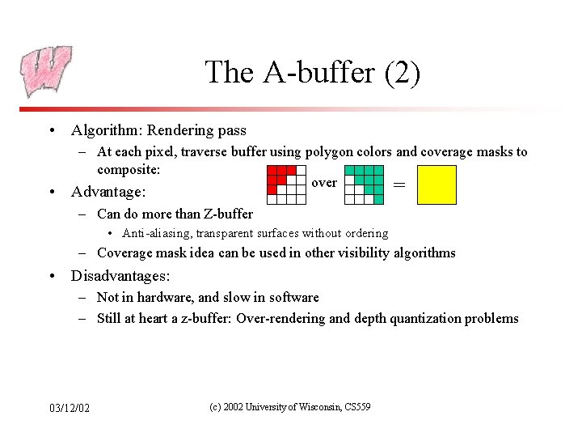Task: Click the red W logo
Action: click(x=46, y=70)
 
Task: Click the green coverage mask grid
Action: click(x=364, y=184)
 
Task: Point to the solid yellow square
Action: click(x=436, y=185)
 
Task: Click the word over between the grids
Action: click(x=323, y=183)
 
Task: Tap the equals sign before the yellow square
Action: click(x=399, y=185)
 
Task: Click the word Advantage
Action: click(x=107, y=192)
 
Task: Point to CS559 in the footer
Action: click(x=356, y=406)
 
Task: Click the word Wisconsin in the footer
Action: click(x=314, y=406)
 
